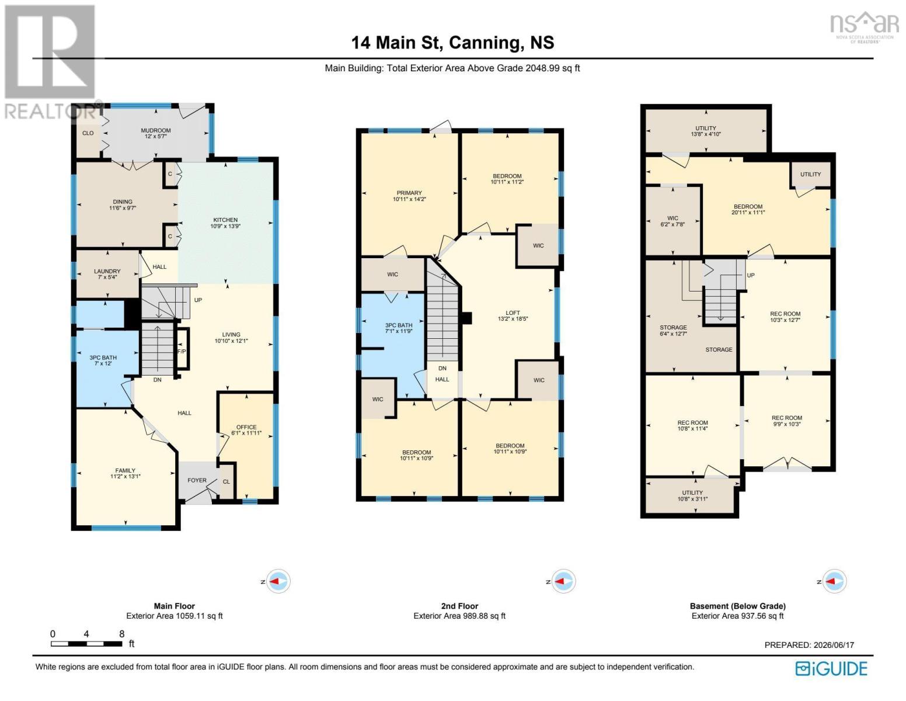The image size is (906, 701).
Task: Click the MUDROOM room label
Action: pyautogui.click(x=155, y=130)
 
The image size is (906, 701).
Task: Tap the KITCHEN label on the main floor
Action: pyautogui.click(x=225, y=220)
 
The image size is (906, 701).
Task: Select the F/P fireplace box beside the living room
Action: pyautogui.click(x=182, y=349)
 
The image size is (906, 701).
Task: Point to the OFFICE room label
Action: pyautogui.click(x=246, y=427)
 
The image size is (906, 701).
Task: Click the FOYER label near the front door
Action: pyautogui.click(x=197, y=480)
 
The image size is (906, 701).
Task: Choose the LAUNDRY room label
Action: pyautogui.click(x=107, y=271)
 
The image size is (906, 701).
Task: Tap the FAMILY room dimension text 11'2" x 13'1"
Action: pyautogui.click(x=125, y=476)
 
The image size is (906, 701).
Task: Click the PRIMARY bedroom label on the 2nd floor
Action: pyautogui.click(x=409, y=193)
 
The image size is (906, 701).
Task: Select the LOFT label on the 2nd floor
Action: pyautogui.click(x=513, y=313)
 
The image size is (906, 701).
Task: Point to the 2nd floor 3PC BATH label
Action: pyautogui.click(x=399, y=325)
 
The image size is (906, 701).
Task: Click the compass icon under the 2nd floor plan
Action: pyautogui.click(x=563, y=581)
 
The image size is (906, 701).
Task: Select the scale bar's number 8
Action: pyautogui.click(x=122, y=634)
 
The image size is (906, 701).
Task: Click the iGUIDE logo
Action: pyautogui.click(x=831, y=668)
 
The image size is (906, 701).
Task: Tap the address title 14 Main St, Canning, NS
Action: pyautogui.click(x=453, y=43)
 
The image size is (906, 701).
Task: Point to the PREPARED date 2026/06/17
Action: pyautogui.click(x=832, y=645)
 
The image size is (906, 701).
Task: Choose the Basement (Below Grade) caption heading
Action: pyautogui.click(x=737, y=606)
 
